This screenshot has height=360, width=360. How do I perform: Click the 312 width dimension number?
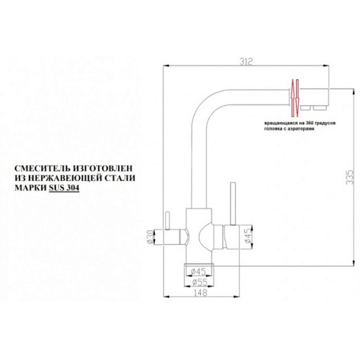[x=246, y=62]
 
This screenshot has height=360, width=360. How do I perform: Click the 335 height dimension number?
[x=350, y=177]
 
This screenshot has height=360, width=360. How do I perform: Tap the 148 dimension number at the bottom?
[x=200, y=293]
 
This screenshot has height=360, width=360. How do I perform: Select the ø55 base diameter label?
[x=200, y=282]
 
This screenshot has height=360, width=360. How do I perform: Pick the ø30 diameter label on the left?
[x=149, y=237]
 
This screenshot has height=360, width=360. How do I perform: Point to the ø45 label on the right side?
[x=248, y=236]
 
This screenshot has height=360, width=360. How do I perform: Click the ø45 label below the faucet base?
[x=199, y=272]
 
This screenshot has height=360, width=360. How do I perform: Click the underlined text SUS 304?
[x=64, y=188]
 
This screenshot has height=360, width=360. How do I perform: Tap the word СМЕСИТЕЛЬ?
[x=42, y=168]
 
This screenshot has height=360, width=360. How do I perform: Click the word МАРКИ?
[x=31, y=188]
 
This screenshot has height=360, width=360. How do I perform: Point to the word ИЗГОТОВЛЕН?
[x=103, y=168]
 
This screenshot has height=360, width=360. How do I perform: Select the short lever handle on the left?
[x=167, y=221]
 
